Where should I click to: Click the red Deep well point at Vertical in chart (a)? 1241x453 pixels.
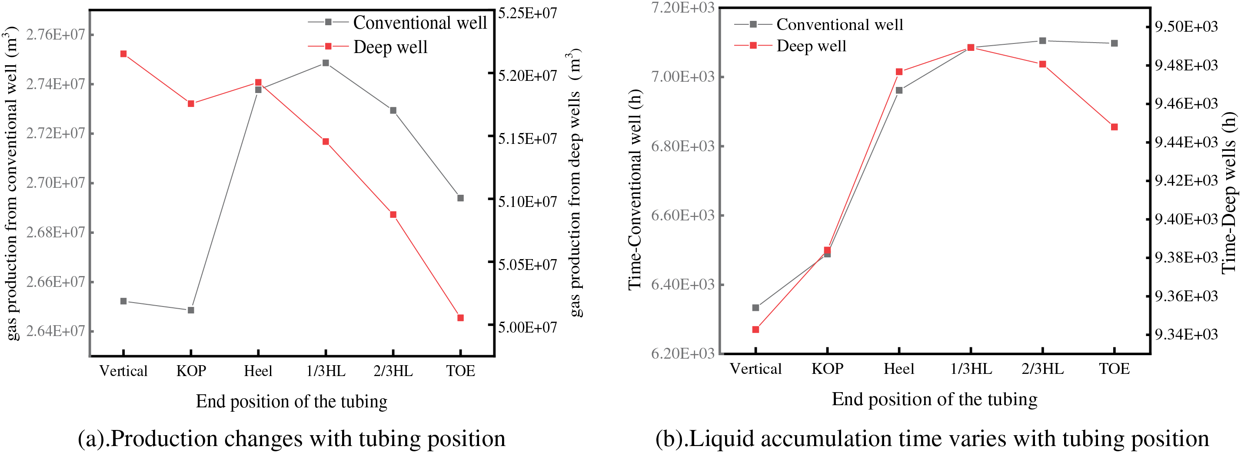(x=123, y=54)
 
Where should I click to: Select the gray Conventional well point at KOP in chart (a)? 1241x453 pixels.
(x=191, y=310)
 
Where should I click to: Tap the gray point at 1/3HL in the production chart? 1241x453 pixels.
(x=326, y=63)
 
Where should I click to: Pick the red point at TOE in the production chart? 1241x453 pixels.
(x=461, y=318)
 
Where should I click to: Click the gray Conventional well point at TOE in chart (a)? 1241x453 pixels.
(x=461, y=198)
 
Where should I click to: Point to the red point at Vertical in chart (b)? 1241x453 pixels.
(x=755, y=330)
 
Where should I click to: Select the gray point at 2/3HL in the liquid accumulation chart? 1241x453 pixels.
(x=1042, y=41)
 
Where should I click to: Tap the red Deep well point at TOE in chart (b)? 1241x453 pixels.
(x=1115, y=127)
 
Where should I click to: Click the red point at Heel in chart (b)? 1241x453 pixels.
(x=899, y=72)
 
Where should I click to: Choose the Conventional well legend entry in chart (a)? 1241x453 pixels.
(x=398, y=23)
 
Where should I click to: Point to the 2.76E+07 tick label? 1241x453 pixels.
(x=55, y=35)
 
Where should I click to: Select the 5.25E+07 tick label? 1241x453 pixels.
(x=528, y=13)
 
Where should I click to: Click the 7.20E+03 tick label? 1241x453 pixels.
(x=682, y=8)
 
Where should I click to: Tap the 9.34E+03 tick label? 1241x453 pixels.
(x=1186, y=334)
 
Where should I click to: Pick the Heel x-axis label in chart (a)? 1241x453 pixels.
(x=258, y=371)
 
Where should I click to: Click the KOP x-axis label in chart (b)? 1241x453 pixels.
(x=827, y=369)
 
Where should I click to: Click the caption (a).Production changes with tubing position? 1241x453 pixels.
(x=292, y=439)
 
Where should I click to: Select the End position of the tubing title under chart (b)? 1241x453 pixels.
(x=935, y=400)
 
